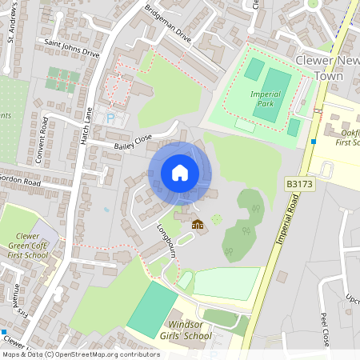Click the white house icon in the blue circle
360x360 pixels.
point(180,172)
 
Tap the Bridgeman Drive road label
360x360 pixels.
point(169,25)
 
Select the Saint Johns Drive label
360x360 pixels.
point(72,49)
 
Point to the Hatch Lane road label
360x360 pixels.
point(86,124)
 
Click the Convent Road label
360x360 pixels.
point(42,141)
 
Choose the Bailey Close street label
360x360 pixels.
point(133,142)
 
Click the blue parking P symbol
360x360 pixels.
point(110,118)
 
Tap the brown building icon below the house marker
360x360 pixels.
point(198,223)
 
